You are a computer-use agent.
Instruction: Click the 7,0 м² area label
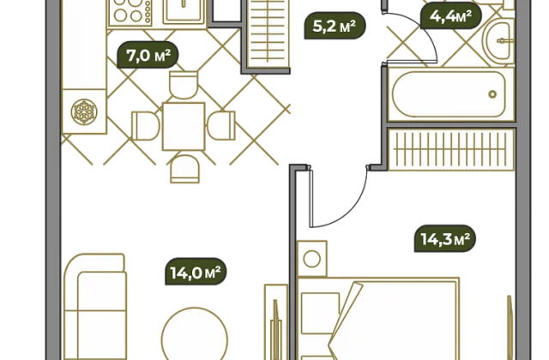(148, 55)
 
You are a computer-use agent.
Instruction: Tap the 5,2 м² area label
(335, 26)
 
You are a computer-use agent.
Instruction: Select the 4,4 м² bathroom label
(451, 16)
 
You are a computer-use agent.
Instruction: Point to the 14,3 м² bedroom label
(445, 239)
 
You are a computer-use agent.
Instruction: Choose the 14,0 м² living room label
(196, 272)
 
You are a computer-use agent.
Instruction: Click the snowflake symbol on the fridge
(84, 112)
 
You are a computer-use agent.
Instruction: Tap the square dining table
(184, 126)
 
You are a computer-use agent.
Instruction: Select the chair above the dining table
(184, 85)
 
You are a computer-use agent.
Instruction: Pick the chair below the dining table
(185, 169)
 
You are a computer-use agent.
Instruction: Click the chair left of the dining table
(146, 126)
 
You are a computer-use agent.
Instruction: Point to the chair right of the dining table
(221, 126)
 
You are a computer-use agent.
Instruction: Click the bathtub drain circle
(492, 94)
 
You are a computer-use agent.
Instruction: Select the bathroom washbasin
(498, 40)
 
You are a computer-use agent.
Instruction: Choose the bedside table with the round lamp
(312, 259)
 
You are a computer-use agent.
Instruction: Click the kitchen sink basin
(184, 10)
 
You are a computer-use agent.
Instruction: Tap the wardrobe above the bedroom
(451, 149)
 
